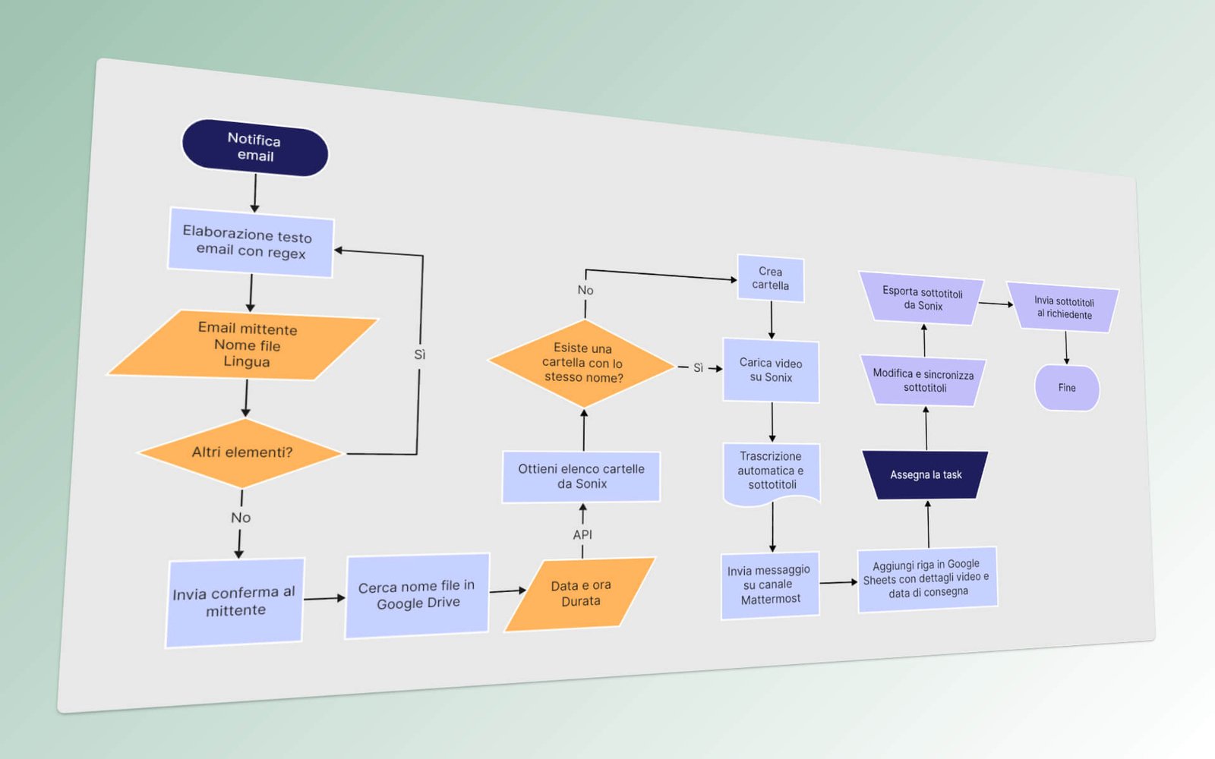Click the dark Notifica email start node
(255, 148)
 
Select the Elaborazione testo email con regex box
(250, 243)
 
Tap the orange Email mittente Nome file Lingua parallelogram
(245, 345)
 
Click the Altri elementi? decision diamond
(241, 453)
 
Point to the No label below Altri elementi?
(241, 518)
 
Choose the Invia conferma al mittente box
(235, 602)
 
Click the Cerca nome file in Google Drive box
(418, 595)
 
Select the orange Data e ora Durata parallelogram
(580, 594)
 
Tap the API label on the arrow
(582, 535)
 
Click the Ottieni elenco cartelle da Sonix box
(581, 477)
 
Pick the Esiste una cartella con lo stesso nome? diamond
(582, 364)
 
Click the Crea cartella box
(770, 279)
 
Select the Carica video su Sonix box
(771, 370)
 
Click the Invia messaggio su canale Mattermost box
(770, 585)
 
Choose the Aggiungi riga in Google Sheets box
(927, 578)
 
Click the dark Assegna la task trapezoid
(926, 475)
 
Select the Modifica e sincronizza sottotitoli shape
(923, 381)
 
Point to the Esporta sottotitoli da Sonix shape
(922, 298)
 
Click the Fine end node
(1067, 388)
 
